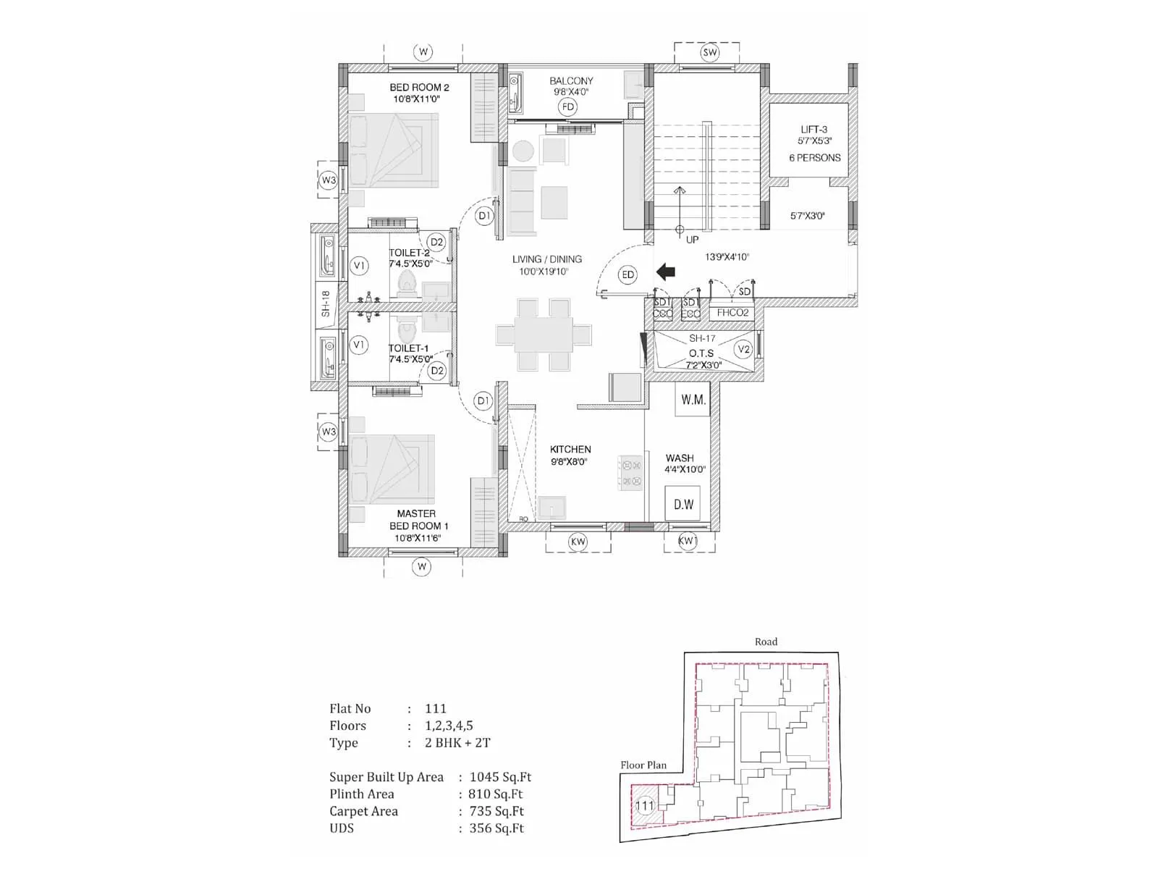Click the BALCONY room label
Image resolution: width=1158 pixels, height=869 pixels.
click(571, 81)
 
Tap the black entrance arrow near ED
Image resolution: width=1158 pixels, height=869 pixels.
click(666, 272)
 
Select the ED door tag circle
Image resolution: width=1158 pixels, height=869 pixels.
click(627, 274)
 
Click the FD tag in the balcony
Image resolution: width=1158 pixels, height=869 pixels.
click(568, 107)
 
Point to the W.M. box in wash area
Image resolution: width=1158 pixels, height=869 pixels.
click(693, 400)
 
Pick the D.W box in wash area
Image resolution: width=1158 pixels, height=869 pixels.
click(683, 504)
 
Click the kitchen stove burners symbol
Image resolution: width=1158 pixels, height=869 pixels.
click(630, 474)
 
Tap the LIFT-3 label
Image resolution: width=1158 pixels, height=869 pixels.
click(814, 130)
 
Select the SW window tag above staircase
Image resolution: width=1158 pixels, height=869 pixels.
click(710, 52)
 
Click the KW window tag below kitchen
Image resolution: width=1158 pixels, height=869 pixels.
click(578, 542)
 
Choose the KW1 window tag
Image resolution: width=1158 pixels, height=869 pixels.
click(687, 542)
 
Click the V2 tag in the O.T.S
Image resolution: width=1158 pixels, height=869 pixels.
click(743, 349)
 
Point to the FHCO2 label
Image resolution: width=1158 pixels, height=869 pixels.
click(732, 313)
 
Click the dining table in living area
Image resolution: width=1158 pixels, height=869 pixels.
click(544, 335)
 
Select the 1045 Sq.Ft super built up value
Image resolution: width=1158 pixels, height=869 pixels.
click(500, 777)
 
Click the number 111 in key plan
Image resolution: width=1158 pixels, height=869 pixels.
click(644, 805)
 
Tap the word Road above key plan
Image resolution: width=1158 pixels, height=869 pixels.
click(766, 642)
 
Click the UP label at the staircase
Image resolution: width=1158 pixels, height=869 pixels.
click(692, 240)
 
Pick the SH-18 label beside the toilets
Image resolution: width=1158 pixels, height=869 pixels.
click(326, 303)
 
